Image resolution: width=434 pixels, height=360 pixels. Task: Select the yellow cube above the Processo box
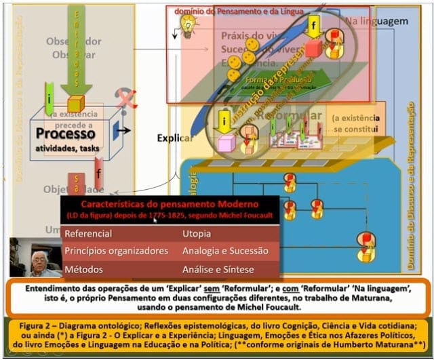coord(75,103)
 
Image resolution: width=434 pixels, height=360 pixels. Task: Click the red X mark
coord(125,98)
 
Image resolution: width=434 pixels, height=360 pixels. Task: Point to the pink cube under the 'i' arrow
coord(226,143)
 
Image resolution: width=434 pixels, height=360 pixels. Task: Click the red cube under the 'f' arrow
coord(313,48)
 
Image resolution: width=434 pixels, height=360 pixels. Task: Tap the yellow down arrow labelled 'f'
coord(313,26)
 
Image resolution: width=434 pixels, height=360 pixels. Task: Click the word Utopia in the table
coord(197,234)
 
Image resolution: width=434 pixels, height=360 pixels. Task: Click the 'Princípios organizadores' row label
coord(116,251)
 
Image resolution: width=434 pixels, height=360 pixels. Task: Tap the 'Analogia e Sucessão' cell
coord(225,251)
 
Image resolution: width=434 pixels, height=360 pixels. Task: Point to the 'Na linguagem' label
coord(376,21)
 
